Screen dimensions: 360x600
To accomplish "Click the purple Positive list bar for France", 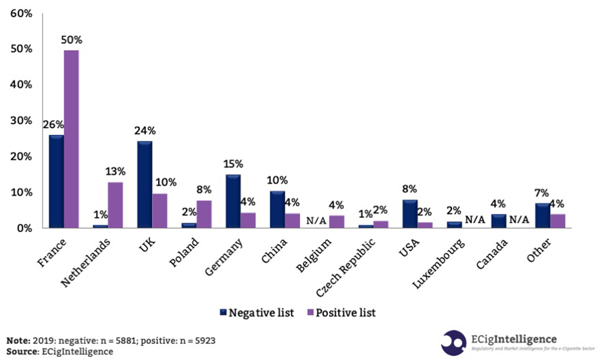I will pyautogui.click(x=71, y=139).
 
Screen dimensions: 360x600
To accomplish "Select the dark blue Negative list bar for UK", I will pyautogui.click(x=145, y=185).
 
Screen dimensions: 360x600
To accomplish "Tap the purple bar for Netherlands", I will pyautogui.click(x=115, y=205).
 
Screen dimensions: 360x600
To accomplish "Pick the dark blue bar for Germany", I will pyautogui.click(x=233, y=201).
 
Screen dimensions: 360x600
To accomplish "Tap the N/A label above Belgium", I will pyautogui.click(x=317, y=221).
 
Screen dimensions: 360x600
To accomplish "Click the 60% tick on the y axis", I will pyautogui.click(x=20, y=13).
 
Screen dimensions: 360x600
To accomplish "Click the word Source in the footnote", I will pyautogui.click(x=21, y=351).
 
